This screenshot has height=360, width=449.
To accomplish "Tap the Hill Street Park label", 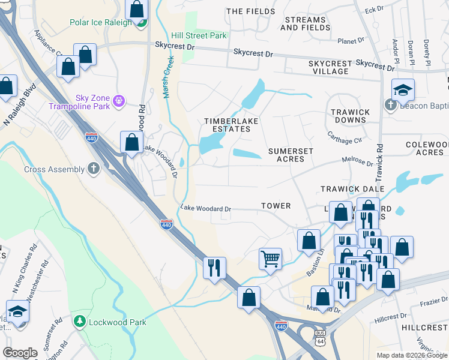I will point(199,35).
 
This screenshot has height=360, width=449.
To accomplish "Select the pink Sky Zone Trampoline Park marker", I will point(119,99).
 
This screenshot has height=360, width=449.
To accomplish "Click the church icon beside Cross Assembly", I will point(94,169).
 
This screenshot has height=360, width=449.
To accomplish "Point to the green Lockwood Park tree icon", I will point(78,322).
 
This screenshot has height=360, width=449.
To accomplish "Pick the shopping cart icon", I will point(270,259).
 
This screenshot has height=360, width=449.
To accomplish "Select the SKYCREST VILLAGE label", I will point(330,67).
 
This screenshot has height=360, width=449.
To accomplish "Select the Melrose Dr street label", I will point(357,162).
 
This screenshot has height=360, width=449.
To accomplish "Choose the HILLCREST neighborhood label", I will point(425,328).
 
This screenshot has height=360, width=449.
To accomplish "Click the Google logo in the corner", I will point(20,353).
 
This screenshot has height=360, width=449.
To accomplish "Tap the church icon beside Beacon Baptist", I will point(390,106).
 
